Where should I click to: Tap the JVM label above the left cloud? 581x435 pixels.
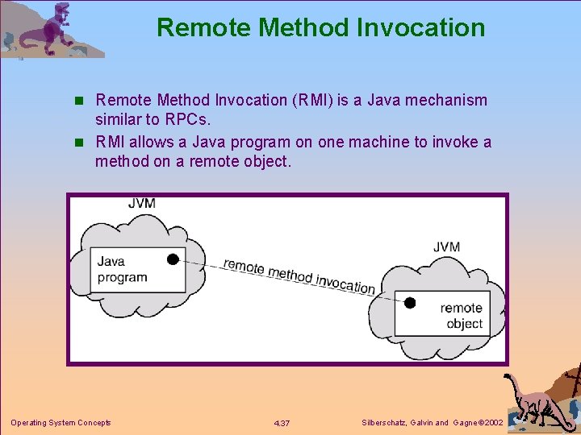pyautogui.click(x=142, y=203)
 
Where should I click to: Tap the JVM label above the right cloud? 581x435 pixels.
pyautogui.click(x=446, y=246)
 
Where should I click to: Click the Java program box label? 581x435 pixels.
pyautogui.click(x=123, y=269)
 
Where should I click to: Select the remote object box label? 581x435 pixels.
pyautogui.click(x=462, y=316)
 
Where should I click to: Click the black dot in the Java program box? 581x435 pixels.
pyautogui.click(x=173, y=259)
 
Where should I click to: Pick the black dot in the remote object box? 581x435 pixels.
pyautogui.click(x=409, y=303)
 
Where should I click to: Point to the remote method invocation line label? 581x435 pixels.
pyautogui.click(x=299, y=275)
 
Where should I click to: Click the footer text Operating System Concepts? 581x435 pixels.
pyautogui.click(x=61, y=423)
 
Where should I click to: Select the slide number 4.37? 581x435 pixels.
pyautogui.click(x=282, y=424)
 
